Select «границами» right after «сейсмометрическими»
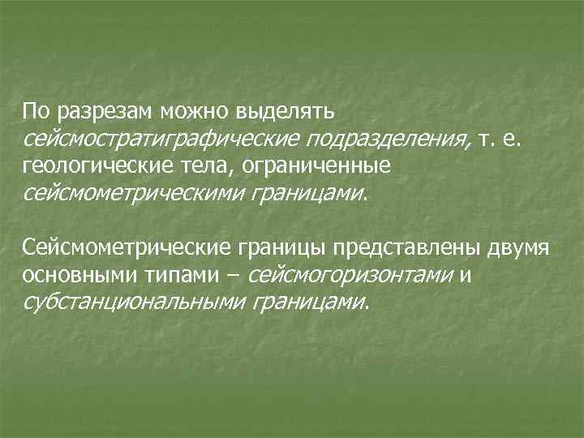(x=308, y=195)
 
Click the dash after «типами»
(x=234, y=275)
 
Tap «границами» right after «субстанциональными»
(x=308, y=303)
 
